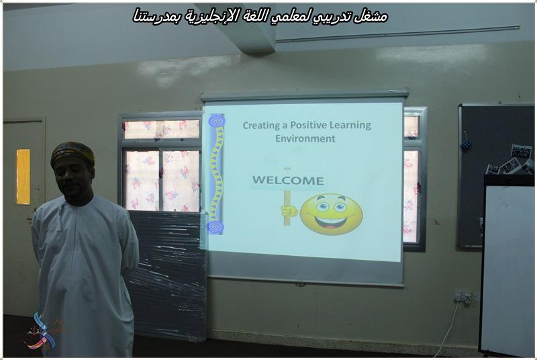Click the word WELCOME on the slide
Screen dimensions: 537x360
(x=288, y=180)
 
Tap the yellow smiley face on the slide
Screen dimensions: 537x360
(x=331, y=214)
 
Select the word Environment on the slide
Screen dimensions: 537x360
(x=305, y=138)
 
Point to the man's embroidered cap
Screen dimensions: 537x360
(x=72, y=153)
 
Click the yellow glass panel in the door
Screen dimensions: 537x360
(x=23, y=177)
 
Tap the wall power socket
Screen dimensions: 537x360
(x=462, y=297)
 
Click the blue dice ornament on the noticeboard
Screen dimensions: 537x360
(x=466, y=145)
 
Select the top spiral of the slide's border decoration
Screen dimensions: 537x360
(x=216, y=122)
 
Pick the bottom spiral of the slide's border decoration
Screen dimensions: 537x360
(x=215, y=227)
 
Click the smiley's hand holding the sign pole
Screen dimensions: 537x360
(x=289, y=211)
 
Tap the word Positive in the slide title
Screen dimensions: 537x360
(x=307, y=125)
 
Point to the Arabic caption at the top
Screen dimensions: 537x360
(x=260, y=16)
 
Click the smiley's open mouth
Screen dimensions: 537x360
(x=330, y=222)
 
